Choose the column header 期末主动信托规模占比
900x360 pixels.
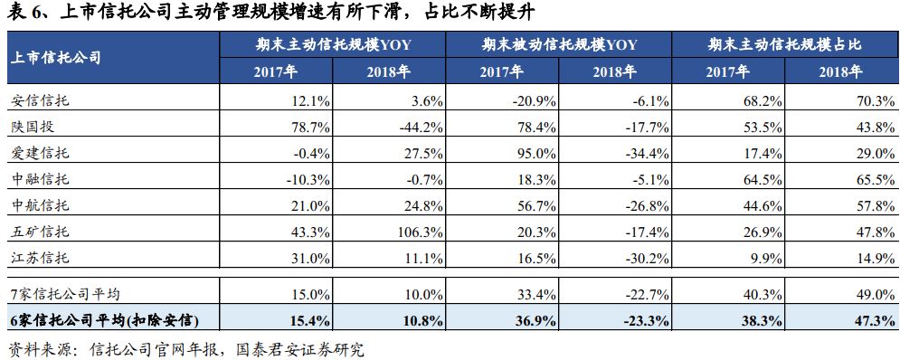pyautogui.click(x=784, y=43)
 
